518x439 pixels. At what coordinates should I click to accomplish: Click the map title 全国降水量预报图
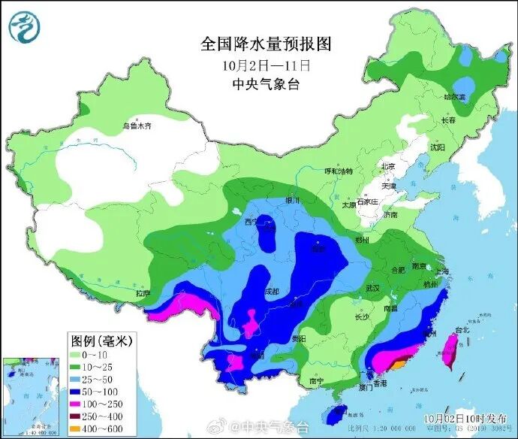click(265, 44)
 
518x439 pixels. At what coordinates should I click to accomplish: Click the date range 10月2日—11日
click(266, 65)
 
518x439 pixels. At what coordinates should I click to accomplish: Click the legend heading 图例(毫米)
click(101, 341)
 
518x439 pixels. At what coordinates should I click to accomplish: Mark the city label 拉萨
click(143, 293)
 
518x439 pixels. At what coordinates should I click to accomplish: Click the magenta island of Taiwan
click(452, 350)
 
